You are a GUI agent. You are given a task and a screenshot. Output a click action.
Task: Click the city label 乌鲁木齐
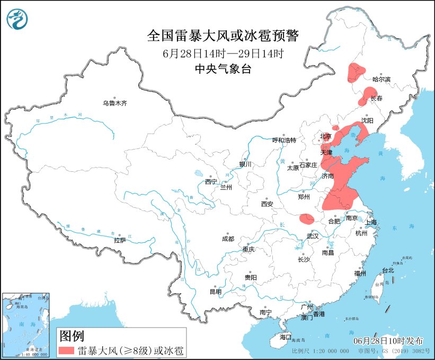(x=115, y=103)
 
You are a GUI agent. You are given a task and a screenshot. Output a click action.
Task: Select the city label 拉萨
(x=120, y=240)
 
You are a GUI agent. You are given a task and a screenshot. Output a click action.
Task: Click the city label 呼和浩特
(x=283, y=140)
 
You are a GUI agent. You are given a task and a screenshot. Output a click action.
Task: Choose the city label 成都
(x=228, y=239)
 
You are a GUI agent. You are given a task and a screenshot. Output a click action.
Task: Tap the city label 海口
(x=286, y=337)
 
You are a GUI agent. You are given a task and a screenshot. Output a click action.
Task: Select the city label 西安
(x=267, y=204)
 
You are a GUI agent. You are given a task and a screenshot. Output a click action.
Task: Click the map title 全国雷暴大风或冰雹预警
(x=223, y=36)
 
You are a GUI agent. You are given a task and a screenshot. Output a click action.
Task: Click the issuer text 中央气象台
(x=223, y=69)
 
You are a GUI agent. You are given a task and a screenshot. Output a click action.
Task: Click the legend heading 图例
(x=71, y=335)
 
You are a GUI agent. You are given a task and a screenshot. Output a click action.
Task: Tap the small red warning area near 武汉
(x=306, y=218)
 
